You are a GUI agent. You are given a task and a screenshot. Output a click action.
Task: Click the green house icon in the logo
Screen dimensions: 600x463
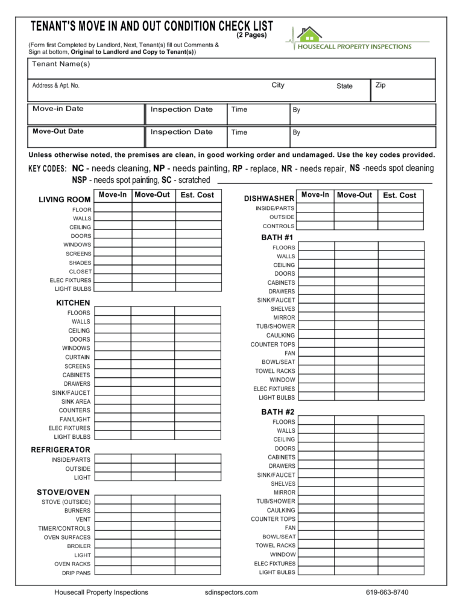pos(309,34)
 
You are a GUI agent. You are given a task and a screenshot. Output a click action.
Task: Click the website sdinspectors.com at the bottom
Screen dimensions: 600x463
pos(231,592)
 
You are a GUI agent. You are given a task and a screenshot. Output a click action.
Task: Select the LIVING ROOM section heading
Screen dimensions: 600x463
pos(65,199)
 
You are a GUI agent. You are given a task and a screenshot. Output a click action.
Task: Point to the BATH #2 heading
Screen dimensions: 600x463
pos(278,412)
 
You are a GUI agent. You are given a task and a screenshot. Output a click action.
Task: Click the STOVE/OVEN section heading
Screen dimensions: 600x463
pos(64,492)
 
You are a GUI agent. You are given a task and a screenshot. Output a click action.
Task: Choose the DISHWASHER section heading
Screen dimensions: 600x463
pos(269,198)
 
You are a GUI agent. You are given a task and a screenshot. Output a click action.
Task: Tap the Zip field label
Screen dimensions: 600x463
pos(380,85)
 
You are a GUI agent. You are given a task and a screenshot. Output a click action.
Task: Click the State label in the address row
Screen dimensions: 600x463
pos(344,86)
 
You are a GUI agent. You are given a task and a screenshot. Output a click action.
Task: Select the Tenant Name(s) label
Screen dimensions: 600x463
pos(61,64)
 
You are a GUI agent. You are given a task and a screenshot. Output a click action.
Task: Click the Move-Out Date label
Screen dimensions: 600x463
pos(58,131)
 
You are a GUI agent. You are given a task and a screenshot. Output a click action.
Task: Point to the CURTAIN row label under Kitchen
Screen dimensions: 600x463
pos(78,357)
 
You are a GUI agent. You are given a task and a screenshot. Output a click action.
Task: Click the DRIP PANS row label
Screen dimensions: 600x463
pos(76,573)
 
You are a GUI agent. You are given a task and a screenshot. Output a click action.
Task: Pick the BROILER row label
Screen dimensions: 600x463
pos(79,546)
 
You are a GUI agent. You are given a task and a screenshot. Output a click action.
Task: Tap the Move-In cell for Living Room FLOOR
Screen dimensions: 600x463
pos(113,209)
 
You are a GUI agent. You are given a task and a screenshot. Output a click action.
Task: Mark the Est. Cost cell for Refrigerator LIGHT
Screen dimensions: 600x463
pos(198,477)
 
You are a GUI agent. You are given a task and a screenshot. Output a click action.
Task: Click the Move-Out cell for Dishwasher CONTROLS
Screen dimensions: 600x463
pos(356,226)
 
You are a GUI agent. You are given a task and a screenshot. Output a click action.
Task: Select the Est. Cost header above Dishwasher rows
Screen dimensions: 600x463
pos(400,195)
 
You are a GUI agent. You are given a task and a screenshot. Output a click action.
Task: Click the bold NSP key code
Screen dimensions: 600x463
pos(79,180)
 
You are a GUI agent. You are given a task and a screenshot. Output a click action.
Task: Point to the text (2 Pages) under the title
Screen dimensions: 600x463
pos(251,35)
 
